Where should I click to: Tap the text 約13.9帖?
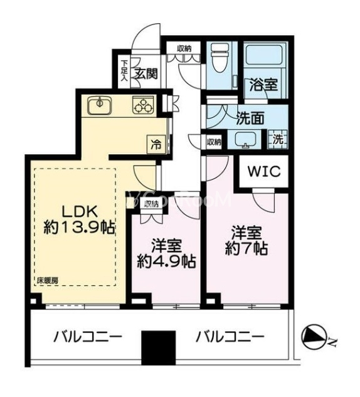coord(79,228)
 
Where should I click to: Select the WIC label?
coord(262,171)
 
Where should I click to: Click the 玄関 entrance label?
coord(146,72)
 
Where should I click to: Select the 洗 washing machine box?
coord(277,140)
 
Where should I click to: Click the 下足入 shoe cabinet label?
coord(124,71)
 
